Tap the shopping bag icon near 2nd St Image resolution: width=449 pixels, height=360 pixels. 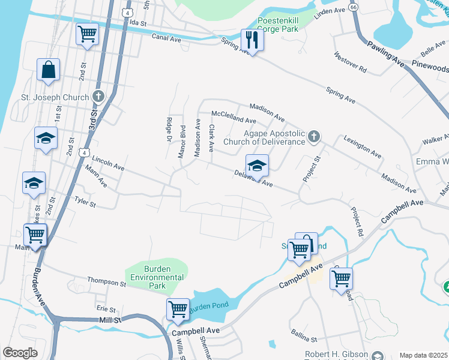click(x=48, y=70)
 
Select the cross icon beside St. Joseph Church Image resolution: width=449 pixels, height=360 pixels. click(x=99, y=97)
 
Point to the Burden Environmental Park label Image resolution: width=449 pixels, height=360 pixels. click(x=157, y=277)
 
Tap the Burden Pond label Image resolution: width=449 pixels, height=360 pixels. click(x=209, y=307)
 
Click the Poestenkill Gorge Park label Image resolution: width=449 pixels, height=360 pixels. click(x=285, y=25)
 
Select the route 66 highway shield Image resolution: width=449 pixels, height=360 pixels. click(x=354, y=7)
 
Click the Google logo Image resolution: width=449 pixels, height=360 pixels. click(x=20, y=353)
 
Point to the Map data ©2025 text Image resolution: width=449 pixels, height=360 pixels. click(x=423, y=355)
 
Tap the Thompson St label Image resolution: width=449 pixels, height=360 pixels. click(x=106, y=281)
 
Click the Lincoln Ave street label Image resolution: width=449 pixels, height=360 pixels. click(x=108, y=163)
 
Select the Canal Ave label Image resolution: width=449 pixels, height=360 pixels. click(x=166, y=38)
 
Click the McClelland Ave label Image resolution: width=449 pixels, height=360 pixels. click(x=234, y=117)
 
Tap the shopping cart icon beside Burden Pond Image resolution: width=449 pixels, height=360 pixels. click(x=178, y=310)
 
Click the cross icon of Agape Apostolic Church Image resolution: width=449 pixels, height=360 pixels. click(x=313, y=138)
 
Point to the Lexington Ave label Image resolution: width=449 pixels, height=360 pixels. click(x=363, y=147)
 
